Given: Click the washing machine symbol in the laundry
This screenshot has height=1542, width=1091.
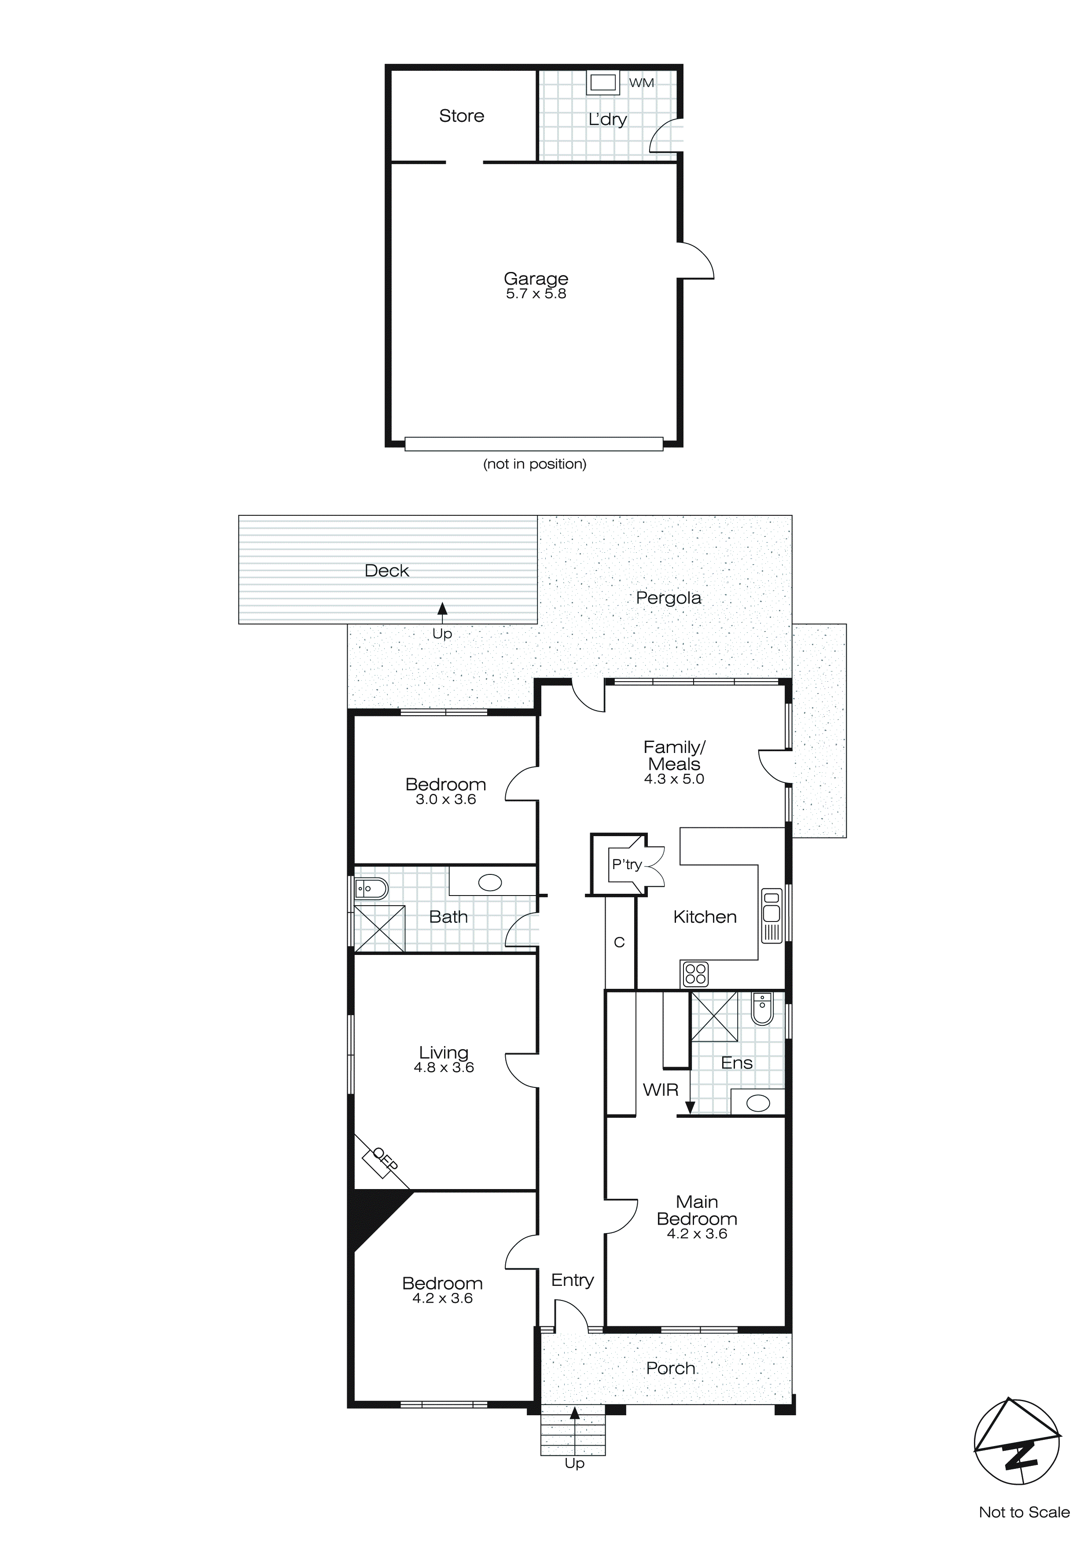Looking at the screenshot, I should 602,83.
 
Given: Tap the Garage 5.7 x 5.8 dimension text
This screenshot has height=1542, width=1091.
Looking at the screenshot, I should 536,294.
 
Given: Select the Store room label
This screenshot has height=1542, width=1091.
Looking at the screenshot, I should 462,116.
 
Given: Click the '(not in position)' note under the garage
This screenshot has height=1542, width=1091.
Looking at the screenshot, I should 535,464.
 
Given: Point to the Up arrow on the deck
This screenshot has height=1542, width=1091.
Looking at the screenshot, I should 442,610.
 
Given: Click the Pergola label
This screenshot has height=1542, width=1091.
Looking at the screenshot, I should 669,598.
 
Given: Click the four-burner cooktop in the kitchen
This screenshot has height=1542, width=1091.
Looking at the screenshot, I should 695,974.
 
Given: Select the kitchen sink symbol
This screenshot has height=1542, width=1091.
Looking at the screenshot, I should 772,915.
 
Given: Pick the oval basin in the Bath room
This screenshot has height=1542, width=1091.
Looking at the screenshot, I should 490,883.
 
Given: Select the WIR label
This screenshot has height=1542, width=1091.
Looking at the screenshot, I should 661,1090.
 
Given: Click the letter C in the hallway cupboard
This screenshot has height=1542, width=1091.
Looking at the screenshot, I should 619,943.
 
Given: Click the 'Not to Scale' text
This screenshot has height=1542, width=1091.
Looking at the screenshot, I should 1024,1513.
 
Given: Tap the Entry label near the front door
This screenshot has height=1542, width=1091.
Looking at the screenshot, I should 573,1280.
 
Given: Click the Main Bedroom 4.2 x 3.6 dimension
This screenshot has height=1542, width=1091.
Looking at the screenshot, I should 697,1234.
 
